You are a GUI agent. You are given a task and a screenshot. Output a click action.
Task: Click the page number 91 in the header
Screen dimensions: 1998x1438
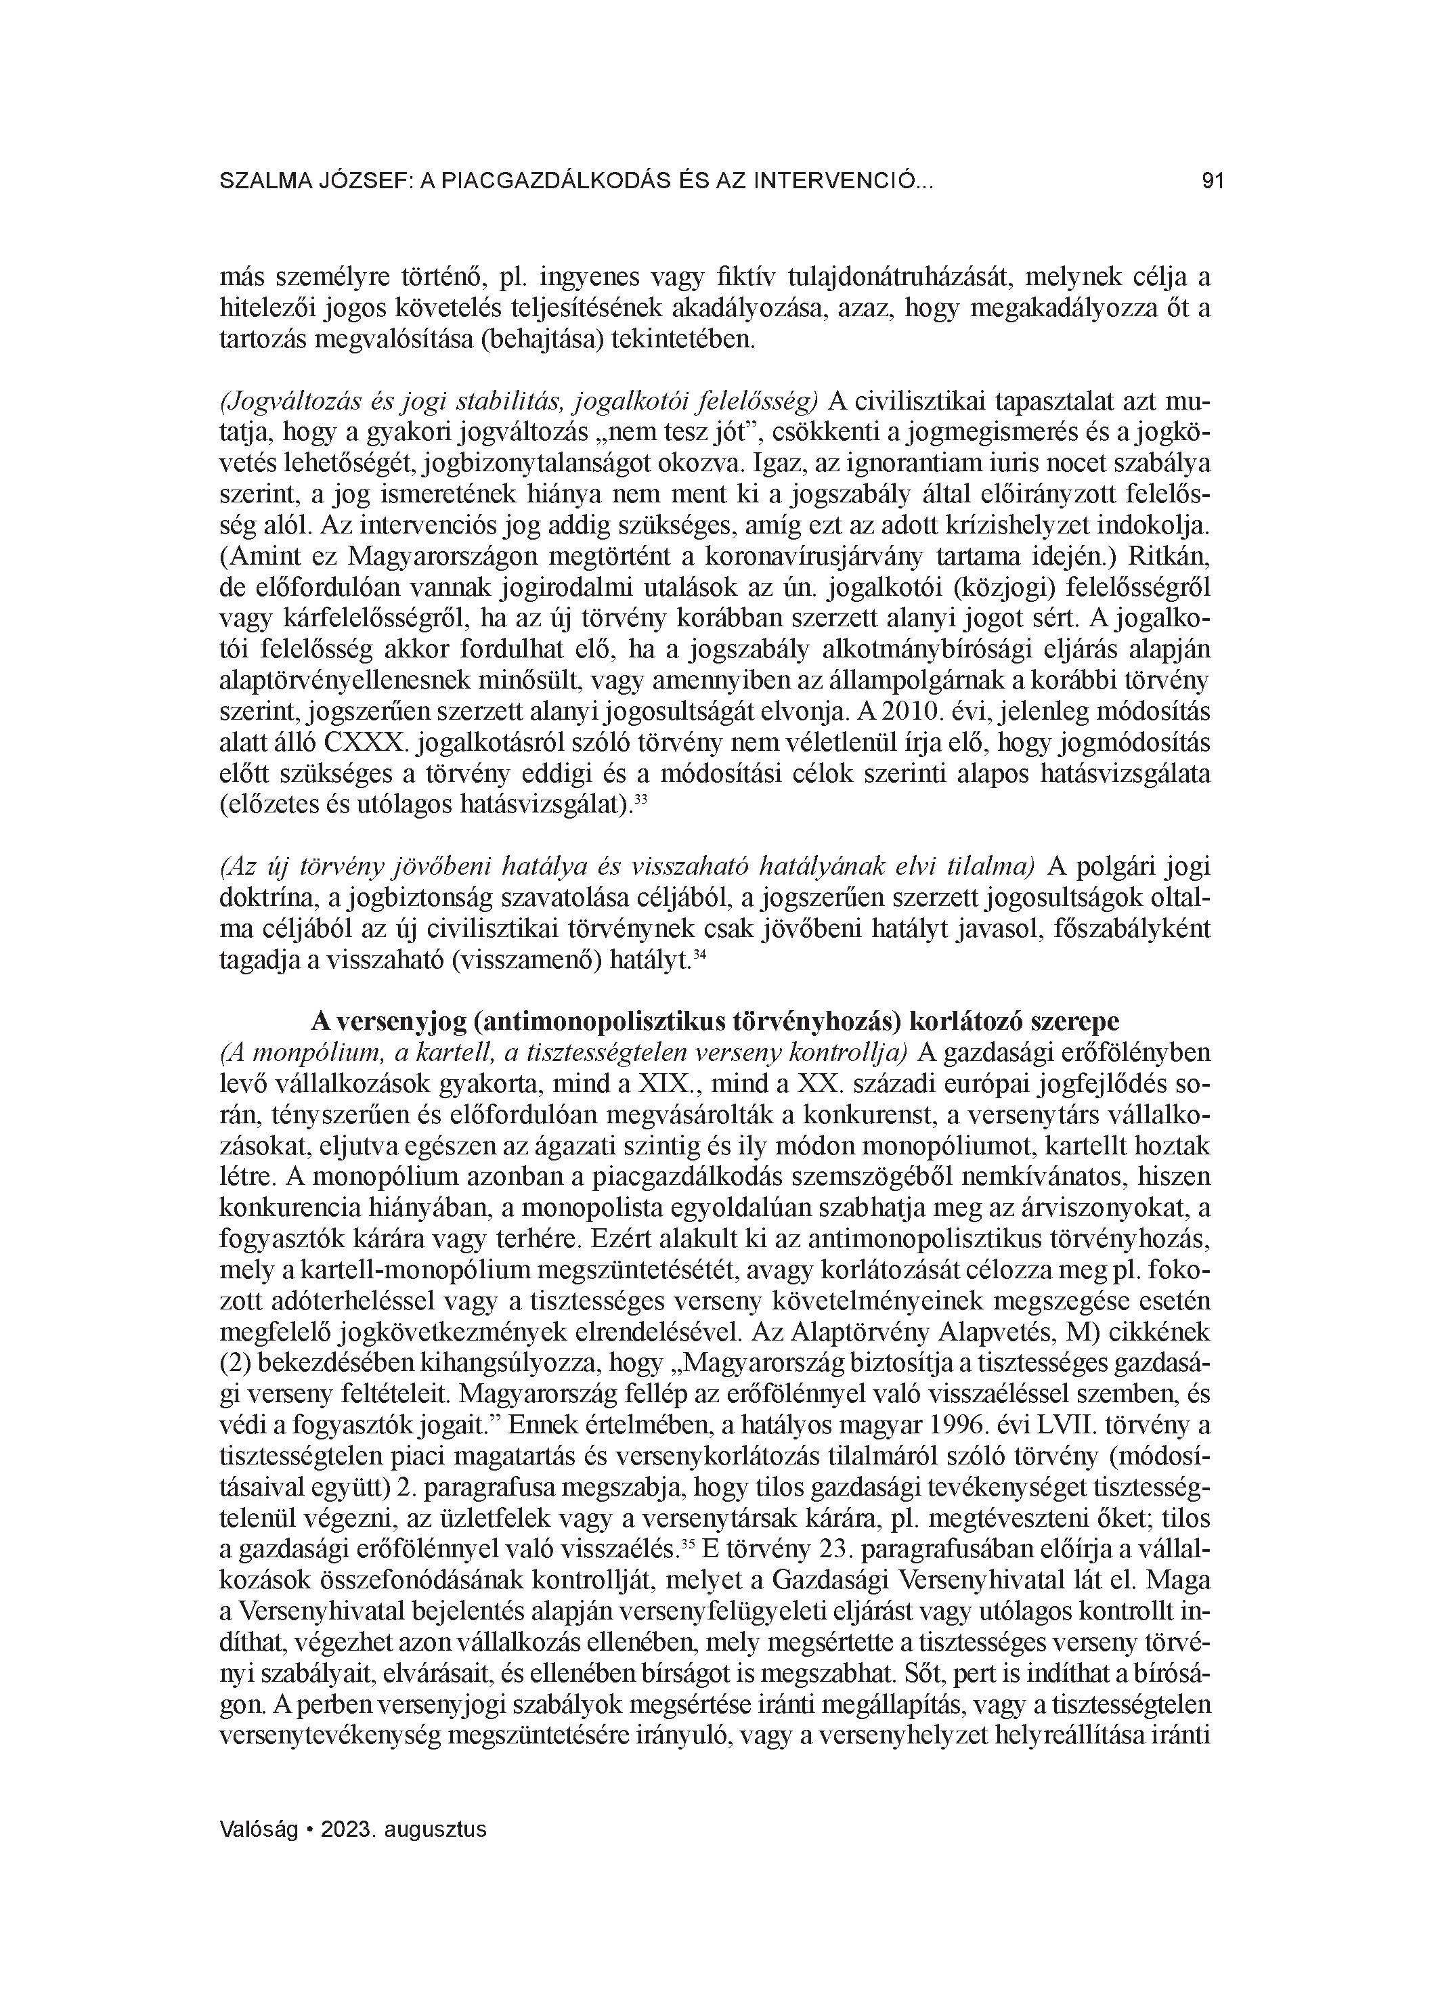coord(1213,181)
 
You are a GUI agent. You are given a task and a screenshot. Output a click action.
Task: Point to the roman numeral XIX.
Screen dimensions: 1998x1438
coord(666,1083)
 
